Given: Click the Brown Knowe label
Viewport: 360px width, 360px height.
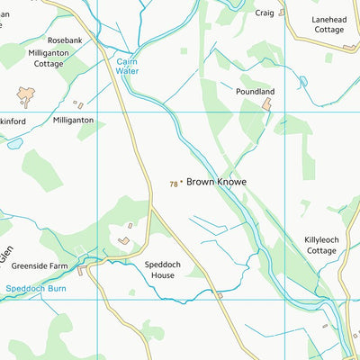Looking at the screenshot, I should [216, 181].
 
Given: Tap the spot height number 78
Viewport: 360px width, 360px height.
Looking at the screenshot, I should [173, 184].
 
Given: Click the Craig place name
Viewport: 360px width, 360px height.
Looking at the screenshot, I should [265, 13].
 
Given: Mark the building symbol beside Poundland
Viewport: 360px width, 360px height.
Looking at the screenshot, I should [267, 105].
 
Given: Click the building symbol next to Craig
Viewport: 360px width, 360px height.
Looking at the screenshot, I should [282, 13].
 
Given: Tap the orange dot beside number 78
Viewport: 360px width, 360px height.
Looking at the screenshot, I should [181, 183].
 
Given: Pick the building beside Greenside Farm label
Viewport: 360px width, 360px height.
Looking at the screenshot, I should [81, 269].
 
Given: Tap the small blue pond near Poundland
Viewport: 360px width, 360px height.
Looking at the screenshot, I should [303, 82].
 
